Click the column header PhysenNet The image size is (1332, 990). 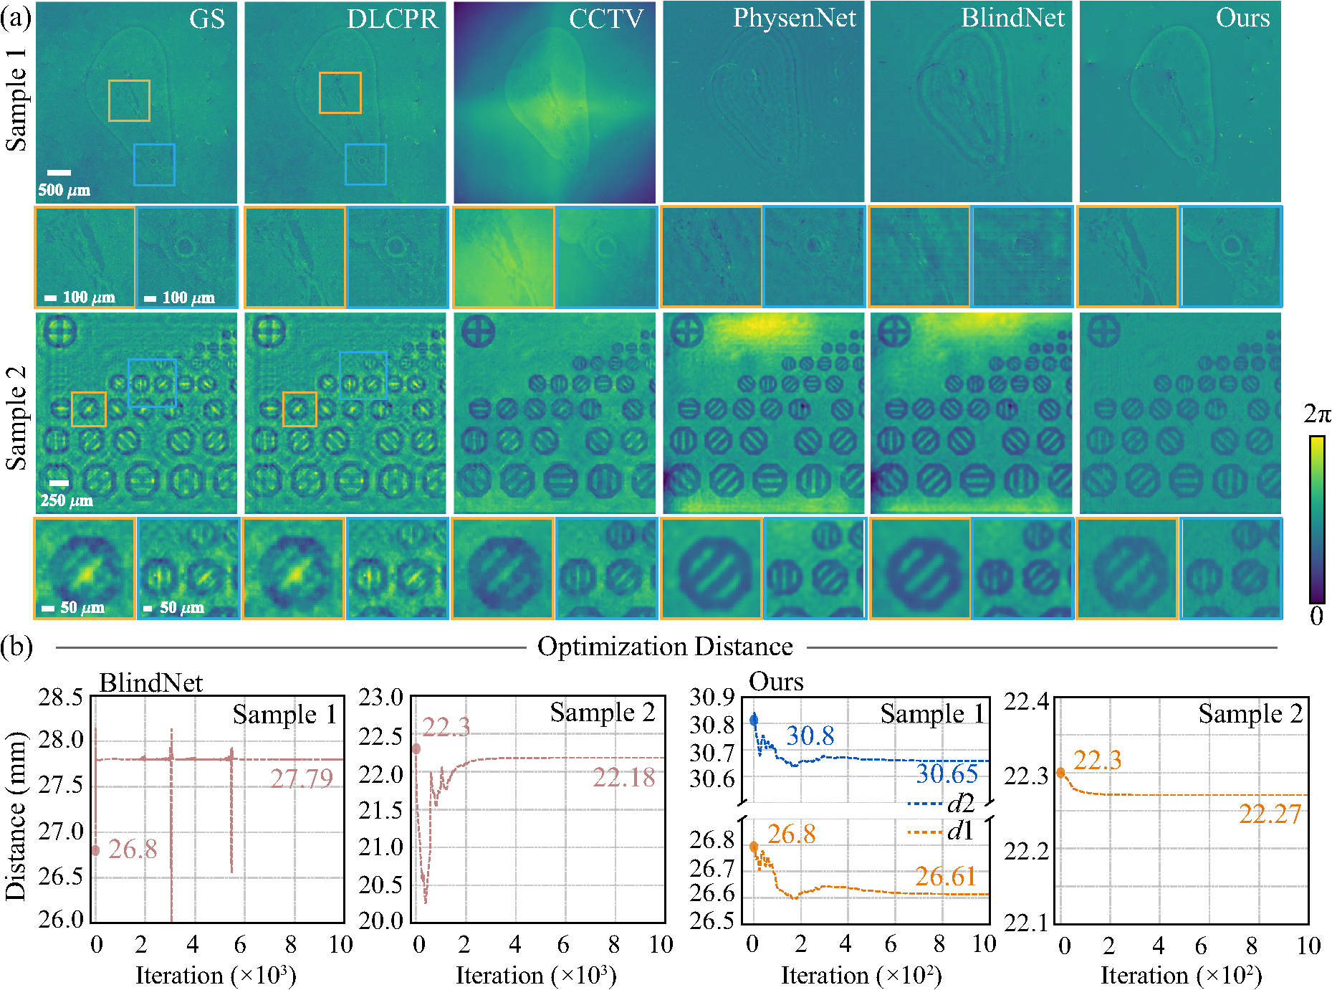(x=794, y=18)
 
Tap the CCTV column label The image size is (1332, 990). (x=606, y=19)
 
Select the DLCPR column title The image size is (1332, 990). (x=393, y=19)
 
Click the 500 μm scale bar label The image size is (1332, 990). (x=64, y=191)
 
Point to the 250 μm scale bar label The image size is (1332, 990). (x=67, y=500)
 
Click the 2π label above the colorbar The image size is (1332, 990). (x=1317, y=414)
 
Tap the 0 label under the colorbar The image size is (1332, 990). (x=1316, y=616)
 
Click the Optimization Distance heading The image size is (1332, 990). (x=665, y=647)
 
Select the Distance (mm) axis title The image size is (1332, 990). (x=16, y=816)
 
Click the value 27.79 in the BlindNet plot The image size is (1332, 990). (x=302, y=779)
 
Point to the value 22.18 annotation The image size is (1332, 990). (x=624, y=778)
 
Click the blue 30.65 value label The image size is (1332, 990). (x=947, y=774)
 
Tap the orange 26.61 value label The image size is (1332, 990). (x=946, y=876)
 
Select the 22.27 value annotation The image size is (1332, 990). (x=1270, y=814)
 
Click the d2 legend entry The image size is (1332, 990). (x=960, y=803)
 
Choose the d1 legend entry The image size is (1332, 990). (x=960, y=831)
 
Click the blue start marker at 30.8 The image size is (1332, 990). (x=754, y=720)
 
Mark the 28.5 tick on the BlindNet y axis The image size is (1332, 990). (x=60, y=698)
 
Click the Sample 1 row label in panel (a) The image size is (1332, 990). (x=16, y=100)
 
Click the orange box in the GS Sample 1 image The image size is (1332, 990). (x=130, y=101)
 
